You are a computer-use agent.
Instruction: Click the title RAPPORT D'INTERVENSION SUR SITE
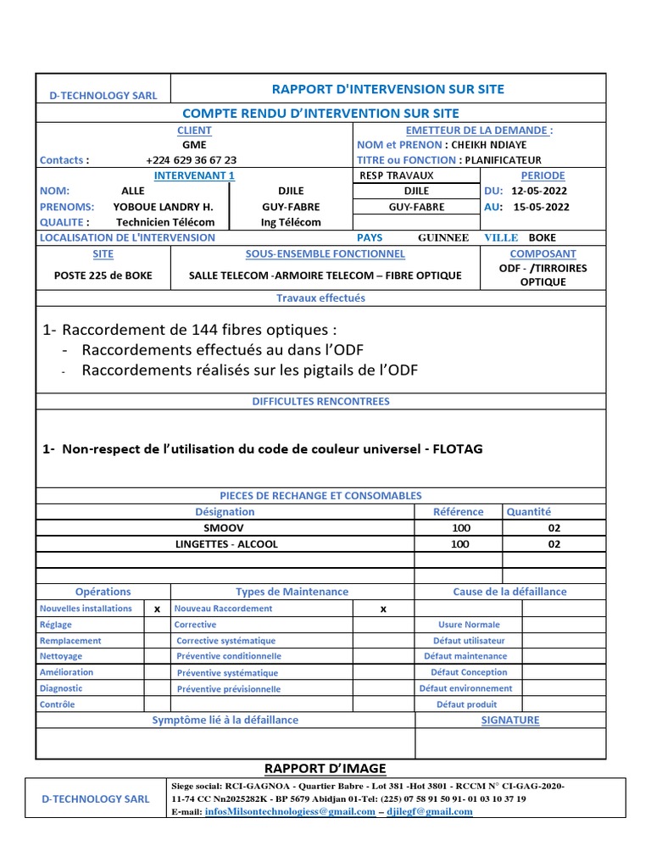point(387,89)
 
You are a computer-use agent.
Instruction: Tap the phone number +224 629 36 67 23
point(192,159)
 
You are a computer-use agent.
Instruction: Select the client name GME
point(194,145)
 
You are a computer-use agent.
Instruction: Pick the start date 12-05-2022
point(540,191)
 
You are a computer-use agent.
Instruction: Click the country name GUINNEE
point(443,238)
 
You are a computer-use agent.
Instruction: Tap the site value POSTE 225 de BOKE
point(103,275)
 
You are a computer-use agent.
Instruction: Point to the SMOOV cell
point(225,527)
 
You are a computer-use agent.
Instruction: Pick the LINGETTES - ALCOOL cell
point(225,544)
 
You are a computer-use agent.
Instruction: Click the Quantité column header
point(529,512)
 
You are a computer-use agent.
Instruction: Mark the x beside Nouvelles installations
point(157,609)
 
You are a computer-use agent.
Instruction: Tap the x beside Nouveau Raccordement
point(383,609)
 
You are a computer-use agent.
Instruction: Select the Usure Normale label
point(470,625)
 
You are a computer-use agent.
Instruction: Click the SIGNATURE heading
point(509,721)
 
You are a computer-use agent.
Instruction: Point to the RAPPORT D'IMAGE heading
point(325,769)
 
